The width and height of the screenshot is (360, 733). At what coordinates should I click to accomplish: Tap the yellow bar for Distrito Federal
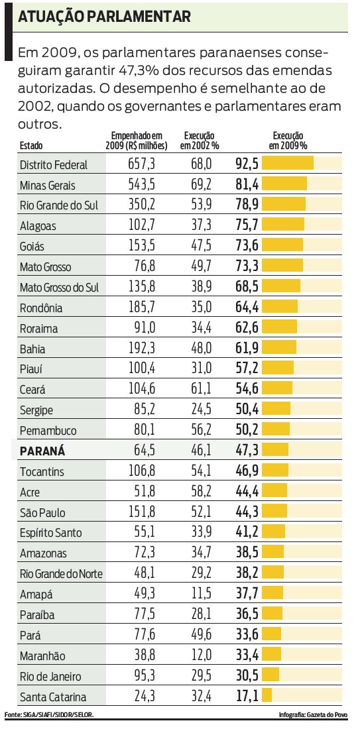click(x=288, y=164)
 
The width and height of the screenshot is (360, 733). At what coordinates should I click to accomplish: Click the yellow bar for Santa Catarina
click(x=267, y=697)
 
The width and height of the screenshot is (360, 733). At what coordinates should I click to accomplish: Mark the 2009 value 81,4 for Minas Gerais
click(x=247, y=184)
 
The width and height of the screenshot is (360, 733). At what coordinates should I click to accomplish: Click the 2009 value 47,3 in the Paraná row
click(x=247, y=451)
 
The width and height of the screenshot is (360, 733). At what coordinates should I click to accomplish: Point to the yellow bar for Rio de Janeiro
click(x=270, y=676)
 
